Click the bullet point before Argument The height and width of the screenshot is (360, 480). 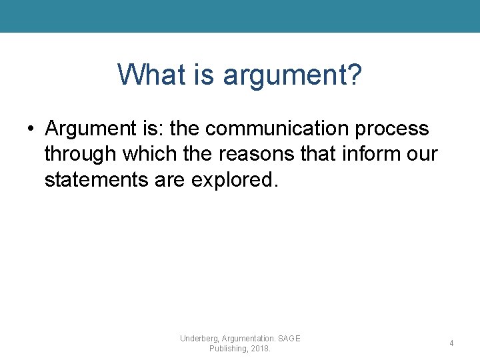[x=32, y=129]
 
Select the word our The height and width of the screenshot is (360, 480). [x=423, y=155]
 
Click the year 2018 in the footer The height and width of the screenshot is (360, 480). [x=261, y=349]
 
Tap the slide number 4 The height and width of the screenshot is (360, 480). [x=451, y=343]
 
